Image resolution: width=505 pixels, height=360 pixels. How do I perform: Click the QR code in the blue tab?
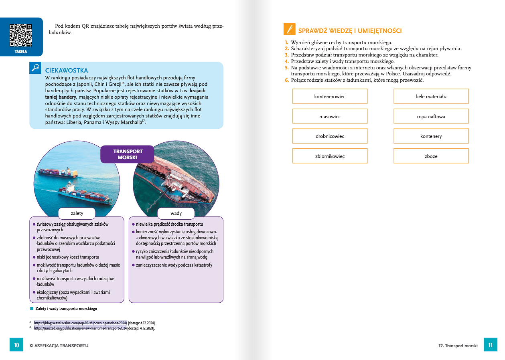pyautogui.click(x=21, y=35)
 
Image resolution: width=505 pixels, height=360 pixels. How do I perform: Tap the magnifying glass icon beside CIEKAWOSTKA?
pyautogui.click(x=35, y=67)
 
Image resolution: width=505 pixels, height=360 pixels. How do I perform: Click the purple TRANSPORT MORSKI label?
pyautogui.click(x=127, y=154)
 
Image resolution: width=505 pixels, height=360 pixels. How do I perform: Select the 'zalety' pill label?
pyautogui.click(x=77, y=213)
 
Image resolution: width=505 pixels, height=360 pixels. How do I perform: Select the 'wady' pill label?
pyautogui.click(x=176, y=213)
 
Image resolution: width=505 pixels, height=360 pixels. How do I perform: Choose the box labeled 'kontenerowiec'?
pyautogui.click(x=330, y=97)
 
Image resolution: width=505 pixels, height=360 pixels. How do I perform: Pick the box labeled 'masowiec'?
pyautogui.click(x=330, y=117)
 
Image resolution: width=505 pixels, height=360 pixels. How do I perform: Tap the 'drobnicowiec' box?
pyautogui.click(x=330, y=136)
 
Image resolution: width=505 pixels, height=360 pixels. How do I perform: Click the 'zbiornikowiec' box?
pyautogui.click(x=330, y=156)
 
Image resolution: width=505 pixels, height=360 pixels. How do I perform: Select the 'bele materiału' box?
pyautogui.click(x=431, y=97)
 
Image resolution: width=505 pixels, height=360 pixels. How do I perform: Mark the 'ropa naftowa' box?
pyautogui.click(x=431, y=117)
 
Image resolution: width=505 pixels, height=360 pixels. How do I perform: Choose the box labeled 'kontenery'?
pyautogui.click(x=431, y=136)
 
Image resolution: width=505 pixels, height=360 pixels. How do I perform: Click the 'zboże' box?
pyautogui.click(x=431, y=156)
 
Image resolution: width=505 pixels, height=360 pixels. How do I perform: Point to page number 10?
pyautogui.click(x=16, y=345)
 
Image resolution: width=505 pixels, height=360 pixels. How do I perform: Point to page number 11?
pyautogui.click(x=490, y=345)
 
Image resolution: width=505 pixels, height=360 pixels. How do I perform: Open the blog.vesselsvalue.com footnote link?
pyautogui.click(x=80, y=323)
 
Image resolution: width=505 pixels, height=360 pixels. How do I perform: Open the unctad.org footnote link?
pyautogui.click(x=80, y=328)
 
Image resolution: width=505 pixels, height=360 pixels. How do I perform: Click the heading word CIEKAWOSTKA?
pyautogui.click(x=67, y=71)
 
